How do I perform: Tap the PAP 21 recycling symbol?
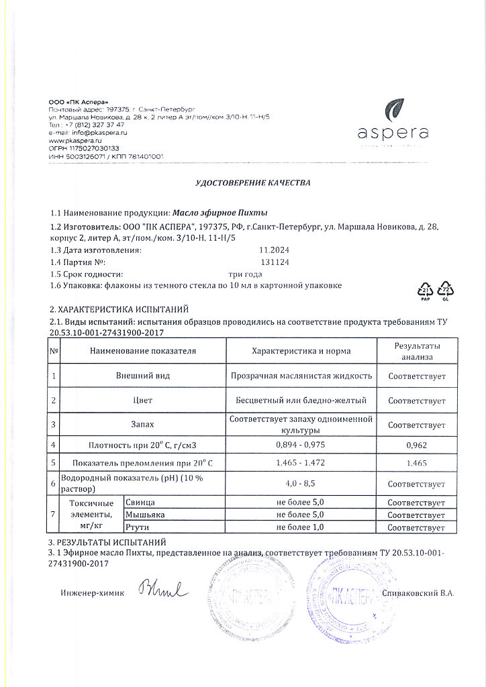426,290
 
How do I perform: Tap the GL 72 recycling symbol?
446,290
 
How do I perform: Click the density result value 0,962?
417,445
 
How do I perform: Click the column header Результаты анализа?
417,351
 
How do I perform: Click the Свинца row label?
140,503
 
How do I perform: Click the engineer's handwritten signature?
163,590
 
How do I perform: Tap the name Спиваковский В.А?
418,594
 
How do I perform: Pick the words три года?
245,274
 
